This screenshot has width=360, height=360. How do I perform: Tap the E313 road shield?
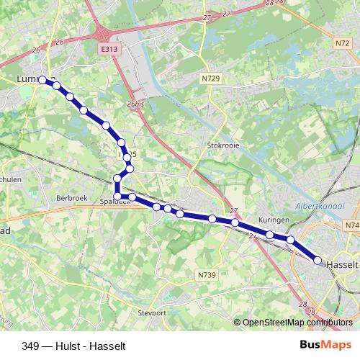pyautogui.click(x=109, y=49)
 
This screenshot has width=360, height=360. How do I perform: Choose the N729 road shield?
pyautogui.click(x=210, y=77)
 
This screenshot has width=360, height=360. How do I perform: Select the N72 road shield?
pyautogui.click(x=341, y=44)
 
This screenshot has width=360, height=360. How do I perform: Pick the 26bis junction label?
pyautogui.click(x=135, y=104)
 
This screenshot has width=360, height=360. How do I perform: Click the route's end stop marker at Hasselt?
pyautogui.click(x=318, y=261)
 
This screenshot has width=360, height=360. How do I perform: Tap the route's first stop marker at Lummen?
pyautogui.click(x=43, y=80)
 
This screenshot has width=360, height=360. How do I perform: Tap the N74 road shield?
pyautogui.click(x=352, y=225)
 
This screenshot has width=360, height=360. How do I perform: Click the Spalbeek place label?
pyautogui.click(x=115, y=202)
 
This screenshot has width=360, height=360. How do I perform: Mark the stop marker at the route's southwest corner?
pyautogui.click(x=118, y=196)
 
